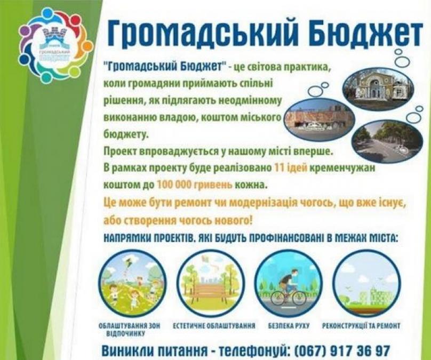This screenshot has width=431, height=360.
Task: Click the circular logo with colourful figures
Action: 55,46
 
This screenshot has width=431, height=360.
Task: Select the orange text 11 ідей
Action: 291,167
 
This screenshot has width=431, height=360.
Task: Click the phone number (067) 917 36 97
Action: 342,350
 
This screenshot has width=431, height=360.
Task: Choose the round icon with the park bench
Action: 211,283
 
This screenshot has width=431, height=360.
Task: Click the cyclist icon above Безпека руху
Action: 289,283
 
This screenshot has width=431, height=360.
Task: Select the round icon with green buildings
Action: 367,283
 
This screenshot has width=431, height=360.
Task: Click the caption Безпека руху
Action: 289,326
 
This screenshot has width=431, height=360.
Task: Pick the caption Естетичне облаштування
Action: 214,326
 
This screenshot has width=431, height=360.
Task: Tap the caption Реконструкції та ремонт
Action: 361,326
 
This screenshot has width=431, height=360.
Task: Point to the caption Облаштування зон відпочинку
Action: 129,330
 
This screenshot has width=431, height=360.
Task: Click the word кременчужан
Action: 342,168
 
